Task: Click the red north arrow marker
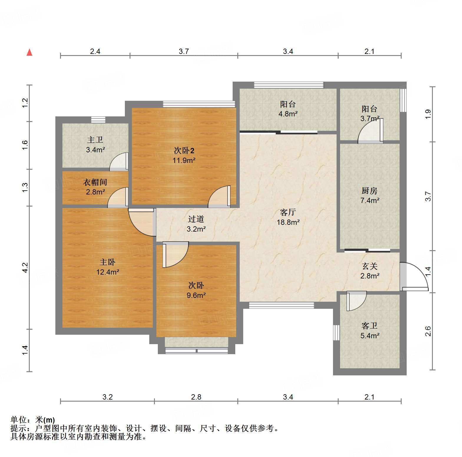(x=29, y=52)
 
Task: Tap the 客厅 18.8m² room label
(x=288, y=217)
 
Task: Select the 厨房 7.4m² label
(x=370, y=195)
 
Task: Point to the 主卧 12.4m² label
(x=107, y=267)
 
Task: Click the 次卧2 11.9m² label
(x=184, y=155)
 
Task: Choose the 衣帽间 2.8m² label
(x=95, y=187)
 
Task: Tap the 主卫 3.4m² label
(x=95, y=145)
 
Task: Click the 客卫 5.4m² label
(x=370, y=331)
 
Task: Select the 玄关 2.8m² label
(x=370, y=271)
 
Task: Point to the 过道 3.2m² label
(x=196, y=224)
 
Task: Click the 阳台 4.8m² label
(x=288, y=109)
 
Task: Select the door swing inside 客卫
(x=356, y=301)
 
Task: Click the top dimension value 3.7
(x=184, y=51)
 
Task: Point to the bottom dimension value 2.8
(x=196, y=397)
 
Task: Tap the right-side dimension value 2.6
(x=428, y=331)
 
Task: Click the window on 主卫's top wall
(x=98, y=120)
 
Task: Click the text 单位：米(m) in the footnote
(x=32, y=420)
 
